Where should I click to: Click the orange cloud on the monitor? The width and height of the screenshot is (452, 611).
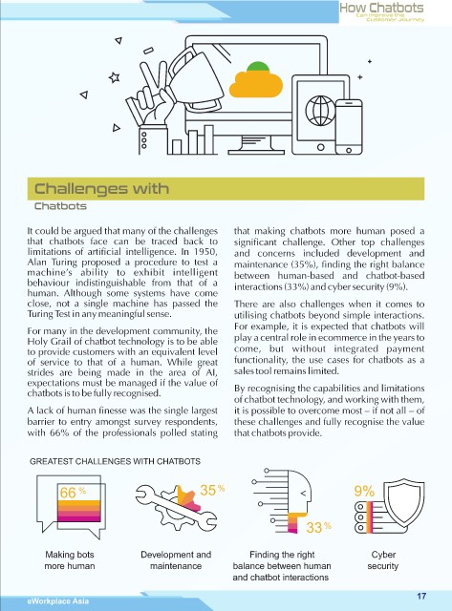coord(255,84)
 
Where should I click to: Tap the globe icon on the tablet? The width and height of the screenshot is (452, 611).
coord(320,111)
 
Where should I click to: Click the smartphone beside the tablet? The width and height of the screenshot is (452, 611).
coord(349,127)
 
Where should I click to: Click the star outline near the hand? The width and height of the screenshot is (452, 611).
coord(114,77)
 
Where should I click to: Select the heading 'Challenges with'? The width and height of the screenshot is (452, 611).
coord(102,189)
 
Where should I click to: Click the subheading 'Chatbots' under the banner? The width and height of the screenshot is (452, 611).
coord(60,206)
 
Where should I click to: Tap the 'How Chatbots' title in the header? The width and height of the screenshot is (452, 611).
coord(381,8)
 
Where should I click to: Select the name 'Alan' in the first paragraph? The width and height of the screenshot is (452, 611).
coord(36,262)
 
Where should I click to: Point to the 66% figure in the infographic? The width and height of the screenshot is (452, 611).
coord(73,493)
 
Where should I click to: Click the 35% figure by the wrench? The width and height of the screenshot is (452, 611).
coord(212,490)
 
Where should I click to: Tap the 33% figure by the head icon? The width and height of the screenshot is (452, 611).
coord(318,527)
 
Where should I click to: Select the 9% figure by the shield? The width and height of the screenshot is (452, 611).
coord(364,491)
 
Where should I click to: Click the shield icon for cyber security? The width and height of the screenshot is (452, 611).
coord(404,503)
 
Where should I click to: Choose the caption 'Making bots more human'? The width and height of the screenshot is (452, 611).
coord(70,560)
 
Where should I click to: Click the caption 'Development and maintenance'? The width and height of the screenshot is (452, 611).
coord(176,560)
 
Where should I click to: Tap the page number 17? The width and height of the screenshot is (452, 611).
coord(421,596)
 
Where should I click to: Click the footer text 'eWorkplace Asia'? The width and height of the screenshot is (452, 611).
coord(58,600)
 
